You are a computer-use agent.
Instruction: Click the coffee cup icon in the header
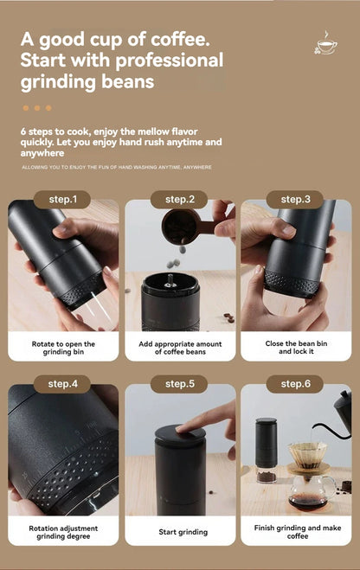coord(325,43)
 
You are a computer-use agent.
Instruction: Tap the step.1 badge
coord(62,199)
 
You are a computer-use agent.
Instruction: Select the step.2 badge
coord(180,199)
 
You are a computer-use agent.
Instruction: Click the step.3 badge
coord(295,199)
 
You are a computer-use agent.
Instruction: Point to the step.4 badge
coord(62,384)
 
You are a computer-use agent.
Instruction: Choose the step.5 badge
coord(180,384)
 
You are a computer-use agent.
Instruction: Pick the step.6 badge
coord(295,384)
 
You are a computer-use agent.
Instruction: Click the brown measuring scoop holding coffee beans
coord(190,226)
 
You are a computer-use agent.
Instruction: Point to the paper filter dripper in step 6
coord(307,454)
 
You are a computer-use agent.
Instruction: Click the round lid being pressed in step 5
coord(180,434)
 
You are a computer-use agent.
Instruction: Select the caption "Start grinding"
coord(183,532)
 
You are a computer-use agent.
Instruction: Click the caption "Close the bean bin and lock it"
coord(296,348)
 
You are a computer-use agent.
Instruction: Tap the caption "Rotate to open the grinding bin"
coord(63,348)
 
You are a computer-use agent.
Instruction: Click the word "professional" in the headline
coord(169,61)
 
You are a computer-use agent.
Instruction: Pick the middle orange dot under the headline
coord(37,108)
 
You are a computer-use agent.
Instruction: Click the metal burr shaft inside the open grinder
coord(170,280)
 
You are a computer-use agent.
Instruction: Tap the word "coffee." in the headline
coord(180,39)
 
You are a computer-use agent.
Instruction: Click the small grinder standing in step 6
coord(267,450)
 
